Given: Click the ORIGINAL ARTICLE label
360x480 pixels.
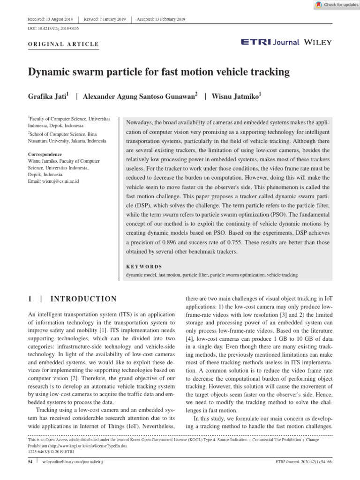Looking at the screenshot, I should coord(64,45).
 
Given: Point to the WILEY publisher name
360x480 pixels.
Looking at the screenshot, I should coord(318,42).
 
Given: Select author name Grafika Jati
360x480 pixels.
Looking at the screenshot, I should coord(48,97).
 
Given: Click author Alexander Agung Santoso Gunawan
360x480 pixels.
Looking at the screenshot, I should coord(139,97).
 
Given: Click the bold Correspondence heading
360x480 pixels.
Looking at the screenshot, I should coord(45,154).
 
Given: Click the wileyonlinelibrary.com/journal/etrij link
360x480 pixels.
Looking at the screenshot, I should coord(73,462).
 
